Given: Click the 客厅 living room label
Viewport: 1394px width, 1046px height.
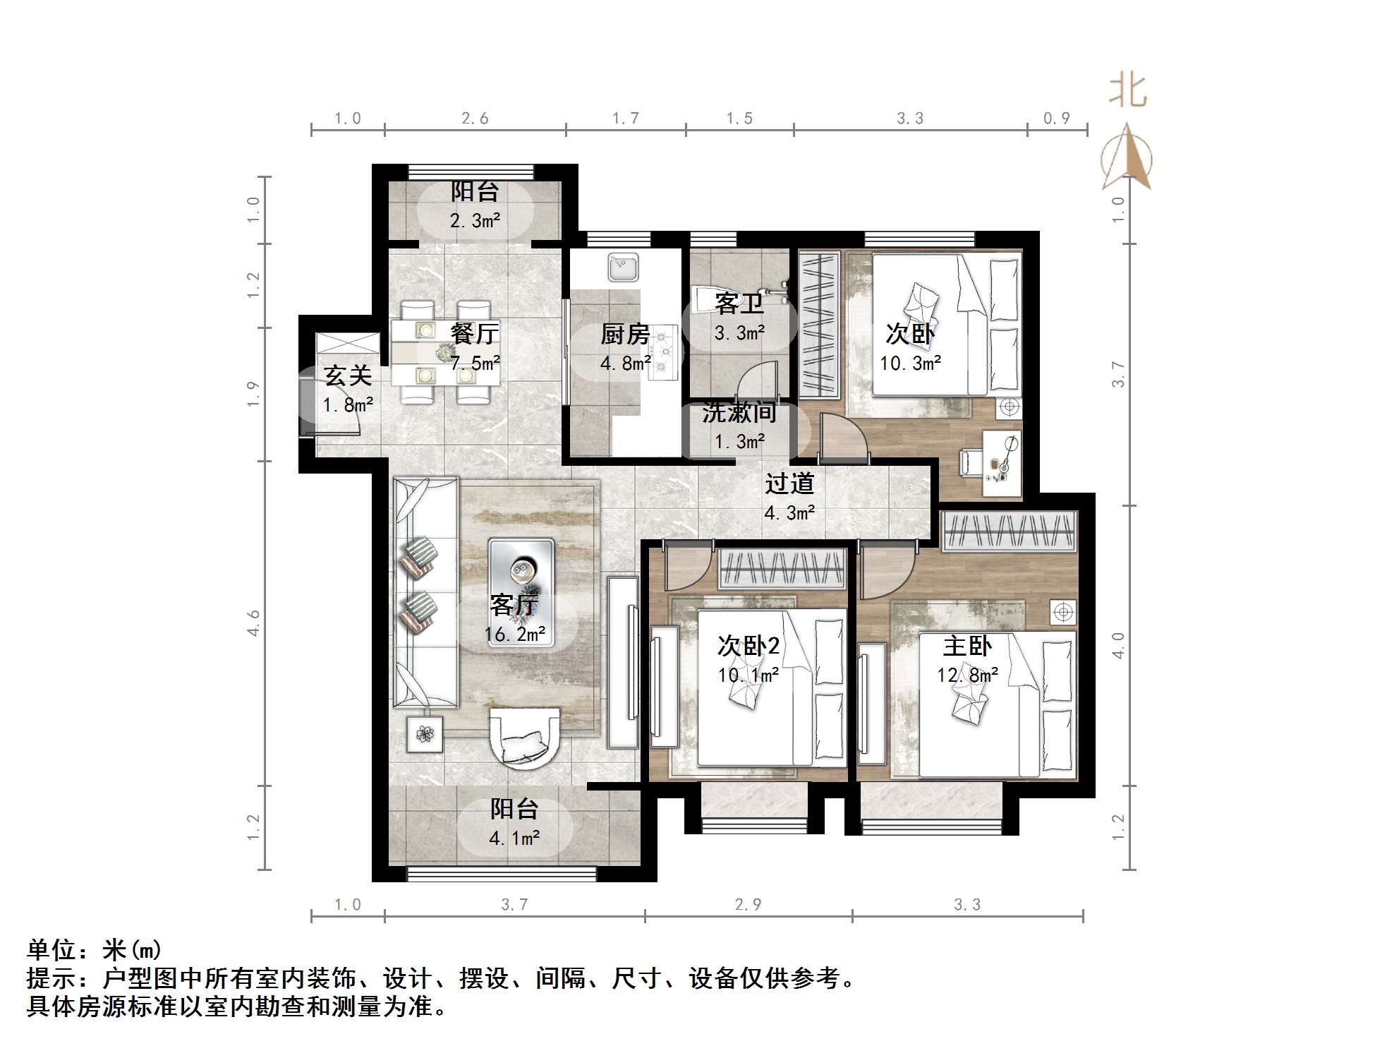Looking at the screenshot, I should (x=514, y=605).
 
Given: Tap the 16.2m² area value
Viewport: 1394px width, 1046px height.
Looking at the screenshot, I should (x=514, y=634).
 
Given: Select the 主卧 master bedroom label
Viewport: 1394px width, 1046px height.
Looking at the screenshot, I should (x=967, y=646).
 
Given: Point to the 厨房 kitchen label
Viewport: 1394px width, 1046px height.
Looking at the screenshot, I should (x=624, y=334).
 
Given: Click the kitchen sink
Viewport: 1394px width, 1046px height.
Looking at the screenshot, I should (x=623, y=267).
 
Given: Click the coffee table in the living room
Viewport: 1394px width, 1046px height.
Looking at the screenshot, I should (x=521, y=579).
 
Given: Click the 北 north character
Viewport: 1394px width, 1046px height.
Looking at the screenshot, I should (x=1127, y=91).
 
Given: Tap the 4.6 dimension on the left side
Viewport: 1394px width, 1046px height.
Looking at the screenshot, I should (x=253, y=623).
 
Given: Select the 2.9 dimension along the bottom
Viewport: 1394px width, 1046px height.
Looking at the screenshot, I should (x=748, y=904).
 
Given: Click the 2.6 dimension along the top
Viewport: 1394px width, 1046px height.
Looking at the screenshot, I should (x=475, y=118).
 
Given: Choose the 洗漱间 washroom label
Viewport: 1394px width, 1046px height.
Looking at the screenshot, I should (x=739, y=413).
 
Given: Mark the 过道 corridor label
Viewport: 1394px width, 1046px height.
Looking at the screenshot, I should (x=789, y=483).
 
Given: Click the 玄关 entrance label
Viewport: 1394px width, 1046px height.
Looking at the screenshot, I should (x=348, y=375).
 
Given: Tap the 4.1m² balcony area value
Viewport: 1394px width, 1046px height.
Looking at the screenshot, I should (x=514, y=838).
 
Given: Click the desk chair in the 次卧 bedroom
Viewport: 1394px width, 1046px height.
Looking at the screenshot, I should (x=971, y=462).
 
